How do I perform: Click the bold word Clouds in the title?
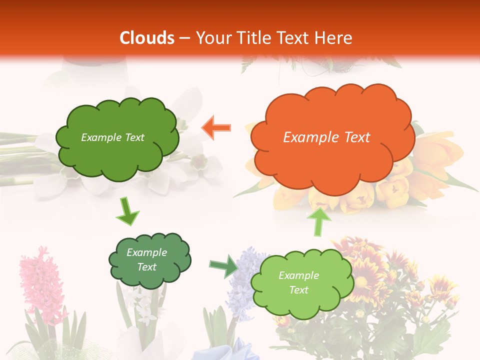coord(147,38)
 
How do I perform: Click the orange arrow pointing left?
coord(216,128)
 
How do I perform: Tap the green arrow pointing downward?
coord(127,212)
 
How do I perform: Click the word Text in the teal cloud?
coord(147,267)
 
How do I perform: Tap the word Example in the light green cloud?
coord(298,275)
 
